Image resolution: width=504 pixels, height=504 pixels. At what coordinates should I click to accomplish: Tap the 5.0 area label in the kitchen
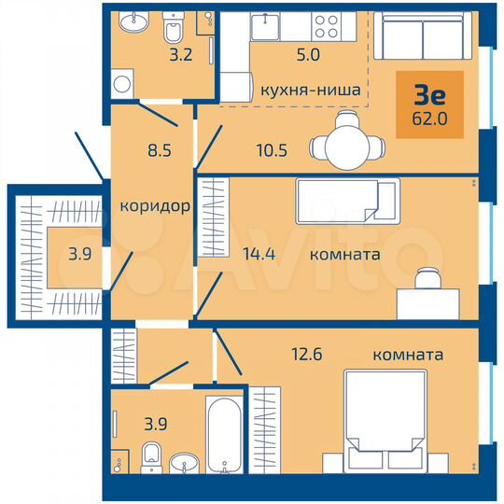click(283, 54)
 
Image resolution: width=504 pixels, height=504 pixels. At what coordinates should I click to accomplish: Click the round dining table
click(345, 145)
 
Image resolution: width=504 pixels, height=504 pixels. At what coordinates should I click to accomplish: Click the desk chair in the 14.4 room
click(428, 278)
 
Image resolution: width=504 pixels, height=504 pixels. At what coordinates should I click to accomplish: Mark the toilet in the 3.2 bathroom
click(174, 32)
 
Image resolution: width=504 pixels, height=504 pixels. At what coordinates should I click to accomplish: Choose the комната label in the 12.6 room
click(407, 355)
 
